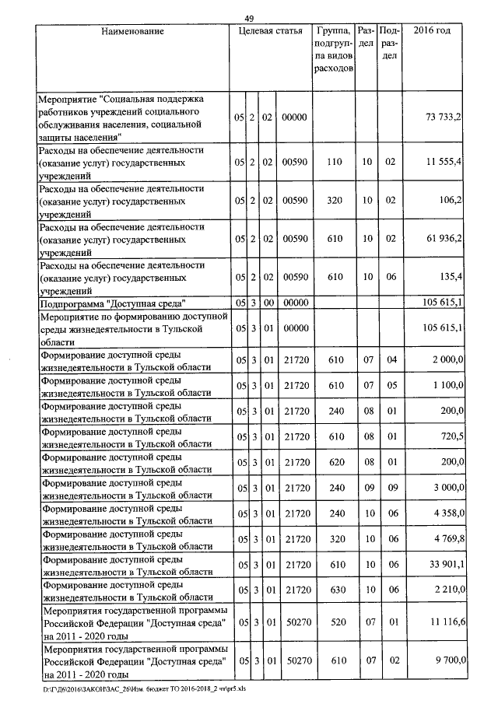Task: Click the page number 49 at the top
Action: coord(249,18)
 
